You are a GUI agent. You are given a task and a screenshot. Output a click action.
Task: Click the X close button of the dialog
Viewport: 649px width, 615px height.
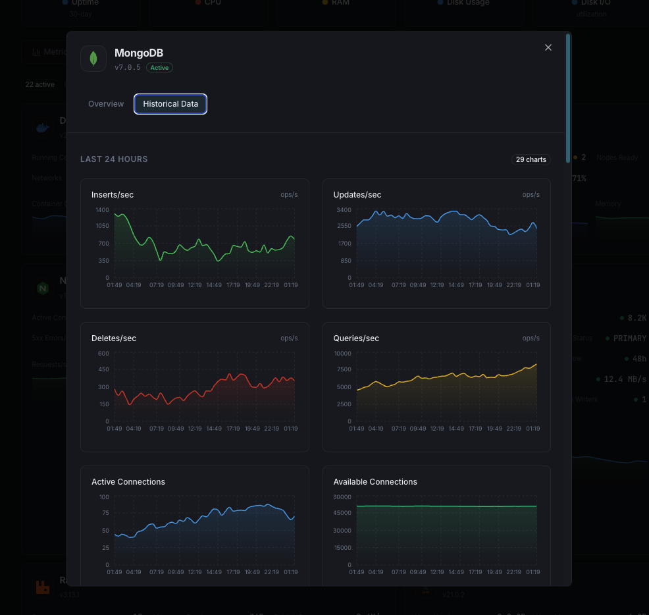click(x=548, y=47)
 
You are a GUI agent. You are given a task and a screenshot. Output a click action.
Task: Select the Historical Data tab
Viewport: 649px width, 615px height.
click(x=170, y=104)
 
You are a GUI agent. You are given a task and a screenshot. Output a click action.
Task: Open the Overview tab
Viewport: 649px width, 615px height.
click(x=106, y=104)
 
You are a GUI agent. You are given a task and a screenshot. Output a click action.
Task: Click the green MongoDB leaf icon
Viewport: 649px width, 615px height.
click(x=93, y=59)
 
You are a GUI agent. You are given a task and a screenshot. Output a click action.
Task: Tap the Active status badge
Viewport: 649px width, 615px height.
click(x=159, y=67)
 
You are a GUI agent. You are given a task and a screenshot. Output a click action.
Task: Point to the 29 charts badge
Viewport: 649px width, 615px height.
click(x=531, y=159)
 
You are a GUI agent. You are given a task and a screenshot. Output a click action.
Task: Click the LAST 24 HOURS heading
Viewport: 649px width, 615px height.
click(x=114, y=159)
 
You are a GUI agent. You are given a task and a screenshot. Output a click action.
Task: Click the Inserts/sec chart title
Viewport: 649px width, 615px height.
click(x=113, y=195)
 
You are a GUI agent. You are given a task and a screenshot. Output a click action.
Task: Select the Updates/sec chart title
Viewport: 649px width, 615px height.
click(x=357, y=195)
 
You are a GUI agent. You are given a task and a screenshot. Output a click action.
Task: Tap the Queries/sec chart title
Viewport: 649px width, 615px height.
click(x=356, y=338)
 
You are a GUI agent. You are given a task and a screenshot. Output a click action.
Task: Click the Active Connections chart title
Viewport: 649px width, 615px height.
click(x=128, y=482)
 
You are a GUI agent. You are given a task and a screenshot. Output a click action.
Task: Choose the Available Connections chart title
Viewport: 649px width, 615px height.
click(x=375, y=482)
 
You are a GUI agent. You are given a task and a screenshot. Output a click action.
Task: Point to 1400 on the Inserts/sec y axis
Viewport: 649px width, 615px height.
click(x=102, y=209)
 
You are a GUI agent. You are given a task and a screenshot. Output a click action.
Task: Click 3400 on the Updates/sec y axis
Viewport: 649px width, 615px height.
click(x=344, y=209)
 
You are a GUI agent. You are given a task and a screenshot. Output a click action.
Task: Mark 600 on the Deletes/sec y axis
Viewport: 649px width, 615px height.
click(x=103, y=353)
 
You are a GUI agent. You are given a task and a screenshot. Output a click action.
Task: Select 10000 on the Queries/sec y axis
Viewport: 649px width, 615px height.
click(x=343, y=353)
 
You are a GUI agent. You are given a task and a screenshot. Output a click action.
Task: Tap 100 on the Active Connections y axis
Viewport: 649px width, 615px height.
click(x=104, y=496)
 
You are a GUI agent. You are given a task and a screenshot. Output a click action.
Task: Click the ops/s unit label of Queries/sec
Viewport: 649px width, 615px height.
click(x=531, y=338)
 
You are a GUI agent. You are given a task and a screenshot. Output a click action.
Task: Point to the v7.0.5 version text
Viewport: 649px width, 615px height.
click(x=128, y=67)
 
